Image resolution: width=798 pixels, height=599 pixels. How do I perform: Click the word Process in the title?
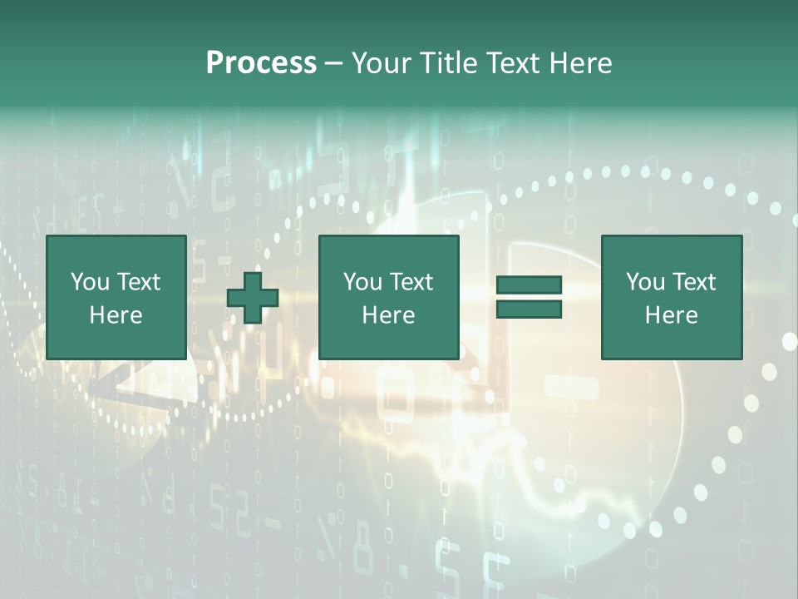(261, 63)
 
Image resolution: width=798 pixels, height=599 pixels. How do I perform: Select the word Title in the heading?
(449, 63)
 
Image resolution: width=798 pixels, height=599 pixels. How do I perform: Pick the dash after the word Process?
(333, 64)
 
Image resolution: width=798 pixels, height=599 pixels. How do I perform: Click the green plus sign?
(253, 297)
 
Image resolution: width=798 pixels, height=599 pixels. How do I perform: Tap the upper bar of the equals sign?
(529, 285)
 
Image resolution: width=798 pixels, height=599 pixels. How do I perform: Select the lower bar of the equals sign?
(529, 309)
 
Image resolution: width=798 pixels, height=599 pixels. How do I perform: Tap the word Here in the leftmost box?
(116, 315)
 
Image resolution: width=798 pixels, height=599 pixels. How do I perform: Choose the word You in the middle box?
(363, 282)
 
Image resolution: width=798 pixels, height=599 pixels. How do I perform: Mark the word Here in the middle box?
(388, 315)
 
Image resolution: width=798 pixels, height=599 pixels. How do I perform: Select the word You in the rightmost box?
(646, 282)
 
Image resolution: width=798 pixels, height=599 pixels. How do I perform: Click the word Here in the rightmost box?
(671, 315)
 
